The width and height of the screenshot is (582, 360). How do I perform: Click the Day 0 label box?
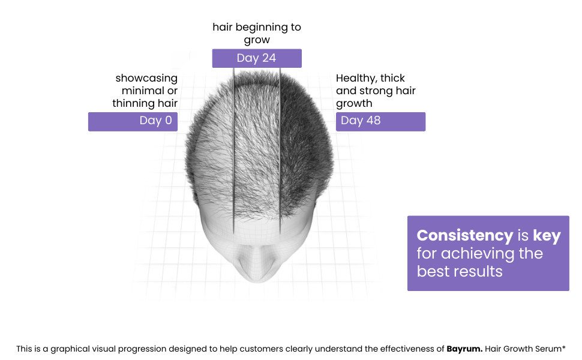click(x=133, y=122)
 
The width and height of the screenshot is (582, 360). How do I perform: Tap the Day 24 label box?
click(x=257, y=58)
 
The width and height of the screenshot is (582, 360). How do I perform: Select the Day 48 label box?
click(x=380, y=122)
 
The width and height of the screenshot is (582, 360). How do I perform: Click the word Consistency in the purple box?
click(x=465, y=235)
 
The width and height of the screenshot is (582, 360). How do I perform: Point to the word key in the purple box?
click(x=547, y=236)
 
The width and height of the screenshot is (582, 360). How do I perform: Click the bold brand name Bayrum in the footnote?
click(x=464, y=349)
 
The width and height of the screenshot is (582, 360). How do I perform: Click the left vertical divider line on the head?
click(x=234, y=151)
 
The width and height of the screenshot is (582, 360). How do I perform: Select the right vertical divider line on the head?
click(x=280, y=151)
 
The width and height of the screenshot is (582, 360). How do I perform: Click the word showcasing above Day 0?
click(x=146, y=79)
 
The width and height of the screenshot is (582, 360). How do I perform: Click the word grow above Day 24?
click(x=257, y=40)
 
